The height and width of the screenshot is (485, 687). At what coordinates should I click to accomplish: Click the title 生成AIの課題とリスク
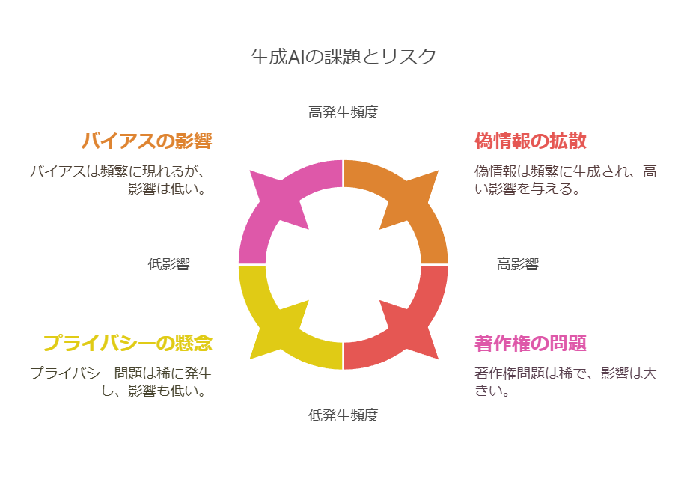click(x=343, y=57)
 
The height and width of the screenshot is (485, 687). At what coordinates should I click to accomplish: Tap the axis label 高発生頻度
click(x=343, y=112)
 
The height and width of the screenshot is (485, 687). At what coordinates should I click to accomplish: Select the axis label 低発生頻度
click(x=343, y=415)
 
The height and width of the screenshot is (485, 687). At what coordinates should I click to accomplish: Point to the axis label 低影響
click(x=168, y=264)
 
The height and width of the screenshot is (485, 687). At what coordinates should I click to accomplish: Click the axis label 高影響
click(x=517, y=264)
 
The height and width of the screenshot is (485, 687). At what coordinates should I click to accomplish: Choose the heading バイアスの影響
click(x=147, y=141)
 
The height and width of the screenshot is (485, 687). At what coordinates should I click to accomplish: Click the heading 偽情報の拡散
click(x=531, y=141)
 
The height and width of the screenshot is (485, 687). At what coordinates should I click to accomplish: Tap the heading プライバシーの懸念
click(x=128, y=343)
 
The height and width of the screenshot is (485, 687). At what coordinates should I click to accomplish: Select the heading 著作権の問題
click(x=531, y=343)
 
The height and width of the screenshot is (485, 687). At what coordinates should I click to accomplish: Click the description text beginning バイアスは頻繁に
click(x=118, y=180)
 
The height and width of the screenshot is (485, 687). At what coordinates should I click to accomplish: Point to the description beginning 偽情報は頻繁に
click(x=566, y=180)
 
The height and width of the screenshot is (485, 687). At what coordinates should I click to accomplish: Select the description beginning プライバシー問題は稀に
click(x=121, y=382)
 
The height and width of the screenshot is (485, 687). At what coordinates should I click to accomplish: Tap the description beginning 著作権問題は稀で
click(x=566, y=382)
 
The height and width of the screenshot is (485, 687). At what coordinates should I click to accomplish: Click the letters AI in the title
click(x=296, y=57)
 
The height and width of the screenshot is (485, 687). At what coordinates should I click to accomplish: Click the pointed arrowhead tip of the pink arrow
click(x=249, y=171)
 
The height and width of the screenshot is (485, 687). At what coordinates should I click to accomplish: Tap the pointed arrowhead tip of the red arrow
click(x=438, y=359)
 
